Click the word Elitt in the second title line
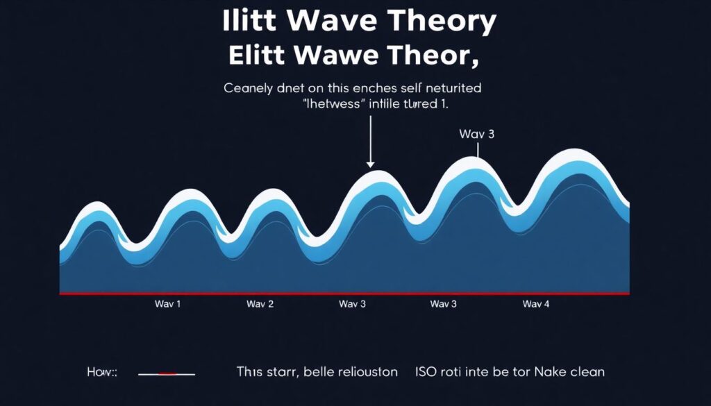click(262, 56)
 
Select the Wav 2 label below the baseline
click(260, 304)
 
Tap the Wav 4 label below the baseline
click(536, 304)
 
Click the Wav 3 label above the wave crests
click(476, 134)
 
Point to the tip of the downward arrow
click(371, 167)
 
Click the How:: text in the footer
click(101, 373)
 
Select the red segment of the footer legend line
click(167, 373)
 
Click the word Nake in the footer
click(547, 372)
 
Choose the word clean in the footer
click(587, 372)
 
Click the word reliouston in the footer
click(365, 372)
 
